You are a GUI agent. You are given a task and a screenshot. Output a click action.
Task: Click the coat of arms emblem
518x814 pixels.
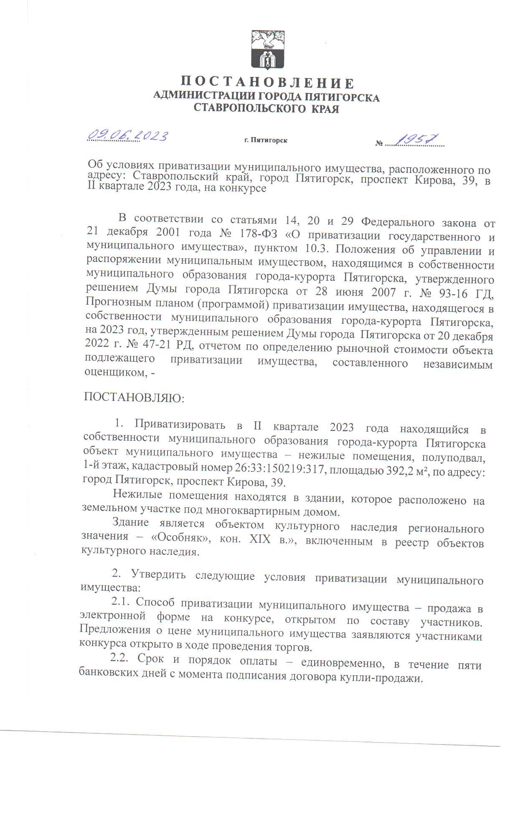point(267,50)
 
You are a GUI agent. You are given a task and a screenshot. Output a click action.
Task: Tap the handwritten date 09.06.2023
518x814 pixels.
point(127,135)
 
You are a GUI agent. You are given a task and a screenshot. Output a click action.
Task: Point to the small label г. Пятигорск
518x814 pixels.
point(266,140)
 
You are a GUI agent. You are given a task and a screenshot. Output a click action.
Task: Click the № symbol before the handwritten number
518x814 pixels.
point(379,144)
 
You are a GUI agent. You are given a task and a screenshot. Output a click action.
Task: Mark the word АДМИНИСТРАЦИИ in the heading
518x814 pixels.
point(203,97)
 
